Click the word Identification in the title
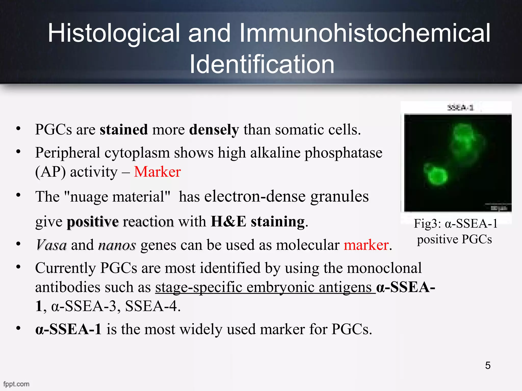click(x=262, y=64)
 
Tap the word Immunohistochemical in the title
click(x=365, y=33)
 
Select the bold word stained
click(x=124, y=129)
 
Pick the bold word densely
click(x=214, y=130)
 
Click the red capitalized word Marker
click(x=157, y=172)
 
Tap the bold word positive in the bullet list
click(x=93, y=221)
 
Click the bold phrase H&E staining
click(x=258, y=221)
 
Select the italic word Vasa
click(x=51, y=245)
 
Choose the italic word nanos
click(x=117, y=245)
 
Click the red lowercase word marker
click(x=366, y=245)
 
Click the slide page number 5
click(x=488, y=366)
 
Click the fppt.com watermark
click(x=16, y=384)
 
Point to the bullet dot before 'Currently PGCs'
click(x=18, y=267)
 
